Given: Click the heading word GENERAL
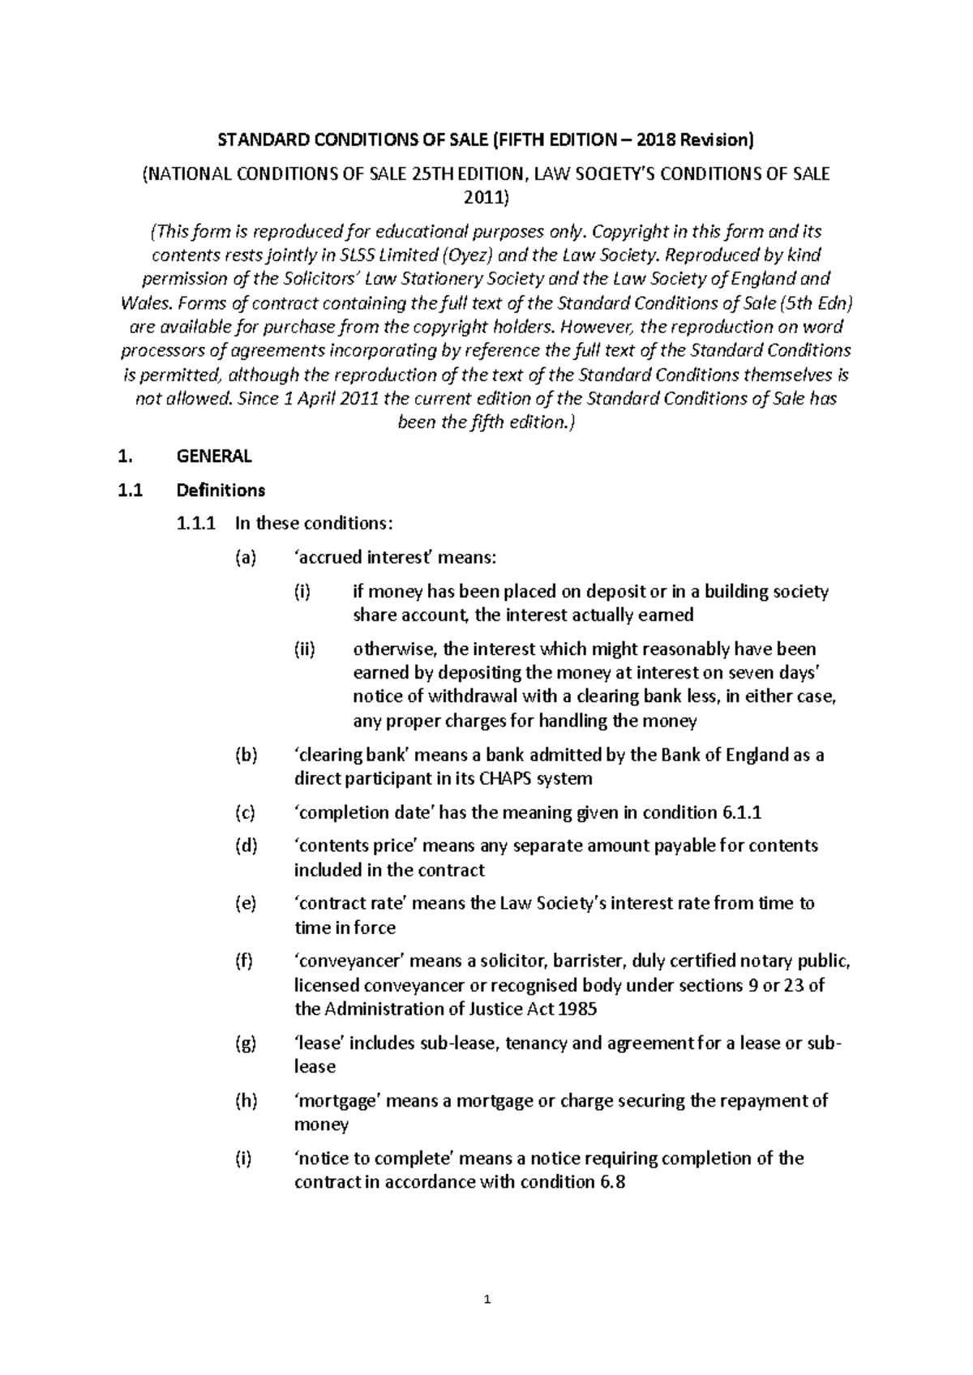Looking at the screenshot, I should [x=214, y=456].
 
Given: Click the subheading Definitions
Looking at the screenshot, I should [x=221, y=490].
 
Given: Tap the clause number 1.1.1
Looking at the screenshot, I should [x=195, y=524].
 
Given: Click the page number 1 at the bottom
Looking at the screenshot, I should [x=486, y=1301].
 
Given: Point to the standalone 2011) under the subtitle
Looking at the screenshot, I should [x=486, y=197].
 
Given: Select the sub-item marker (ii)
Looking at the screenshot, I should [x=306, y=649].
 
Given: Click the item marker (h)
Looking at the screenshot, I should [x=245, y=1101].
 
